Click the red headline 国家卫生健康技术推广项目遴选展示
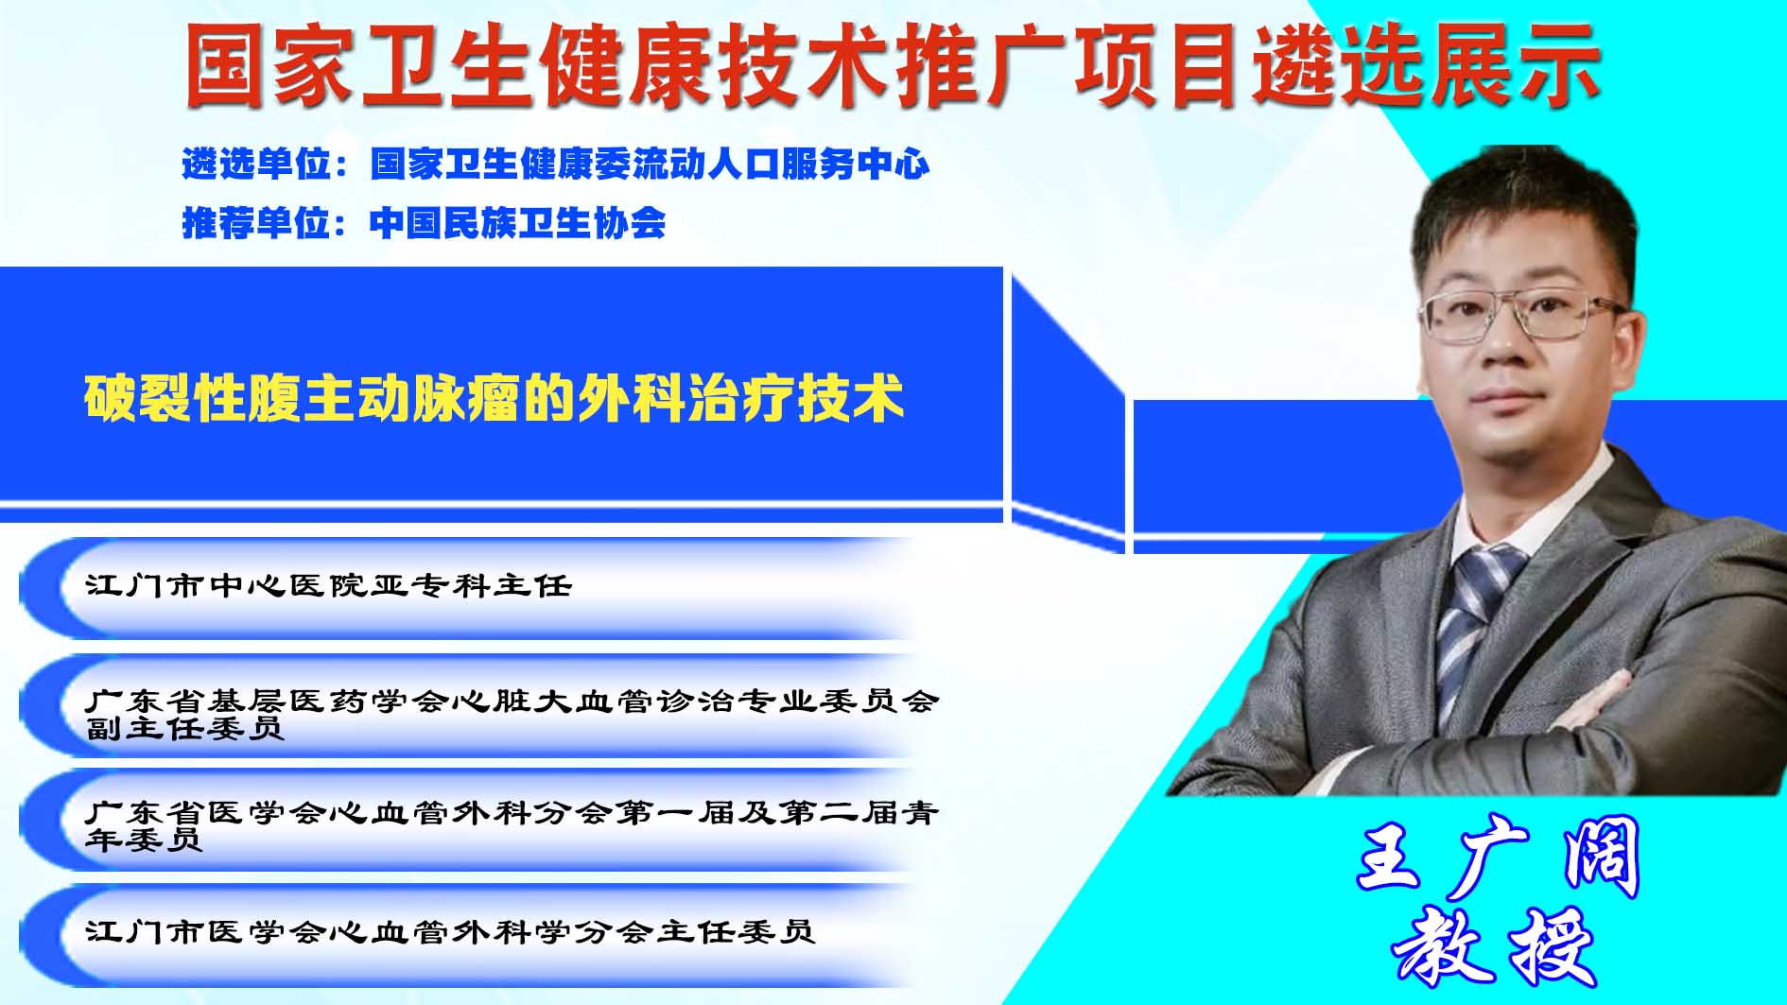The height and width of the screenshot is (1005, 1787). pos(893,65)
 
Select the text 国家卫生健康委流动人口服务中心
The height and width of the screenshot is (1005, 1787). pos(650,165)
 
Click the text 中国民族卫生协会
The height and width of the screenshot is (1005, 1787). pos(518,223)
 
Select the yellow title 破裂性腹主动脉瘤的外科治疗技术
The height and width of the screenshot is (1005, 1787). pos(494,398)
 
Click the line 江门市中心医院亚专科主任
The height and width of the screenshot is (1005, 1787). pos(329,586)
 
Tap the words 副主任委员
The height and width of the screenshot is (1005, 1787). pos(185,728)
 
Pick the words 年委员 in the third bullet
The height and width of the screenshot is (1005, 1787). pos(144,840)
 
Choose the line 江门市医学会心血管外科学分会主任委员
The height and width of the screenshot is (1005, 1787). pos(450,932)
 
